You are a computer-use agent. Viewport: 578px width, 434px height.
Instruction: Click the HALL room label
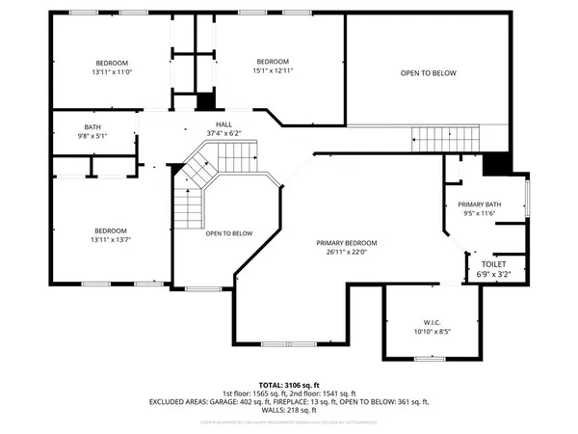(223, 124)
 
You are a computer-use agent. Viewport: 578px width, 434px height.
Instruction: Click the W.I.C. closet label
(431, 322)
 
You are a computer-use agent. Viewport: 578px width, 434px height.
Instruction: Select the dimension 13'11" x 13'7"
(111, 240)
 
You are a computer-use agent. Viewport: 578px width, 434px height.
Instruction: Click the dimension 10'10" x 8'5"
(431, 332)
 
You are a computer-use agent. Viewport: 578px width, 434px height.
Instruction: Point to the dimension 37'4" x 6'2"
(223, 133)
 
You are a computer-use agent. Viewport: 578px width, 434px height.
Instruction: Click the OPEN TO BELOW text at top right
(429, 73)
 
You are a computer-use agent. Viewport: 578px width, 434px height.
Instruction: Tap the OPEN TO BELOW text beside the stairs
(229, 233)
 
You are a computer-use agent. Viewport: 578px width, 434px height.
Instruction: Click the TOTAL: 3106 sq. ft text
(289, 385)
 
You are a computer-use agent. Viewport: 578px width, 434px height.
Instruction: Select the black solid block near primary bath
(497, 164)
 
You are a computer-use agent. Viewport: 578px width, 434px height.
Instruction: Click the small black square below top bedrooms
(203, 101)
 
